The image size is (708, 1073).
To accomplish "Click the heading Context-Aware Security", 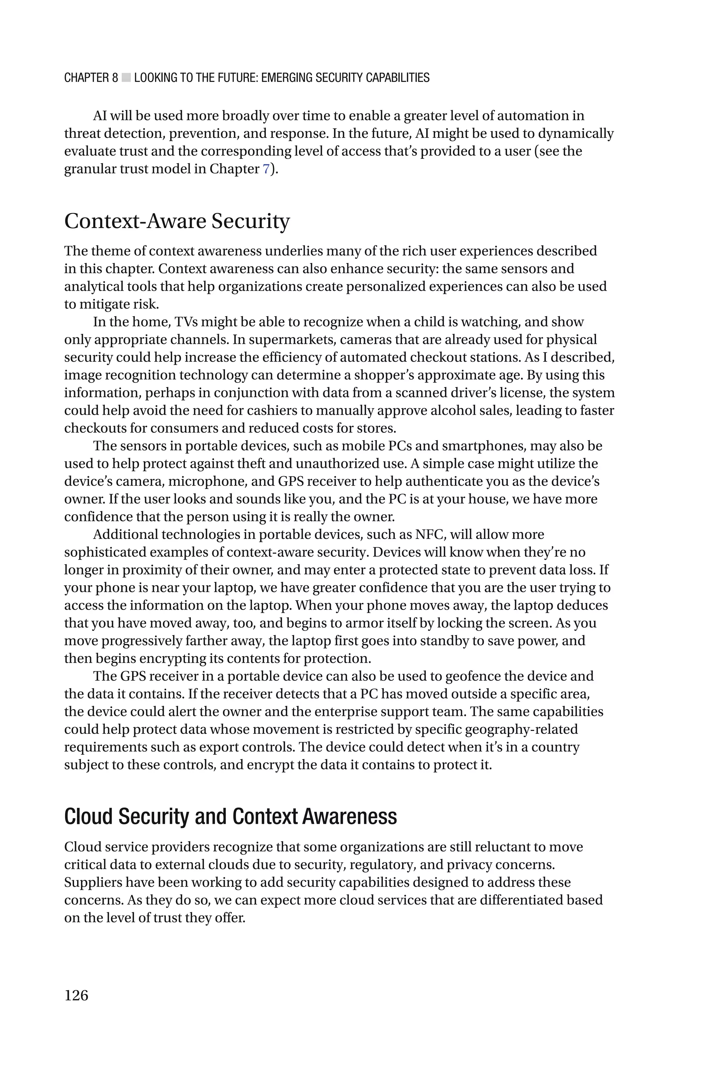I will coord(177,221).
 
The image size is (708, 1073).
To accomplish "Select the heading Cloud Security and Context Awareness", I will coord(230,816).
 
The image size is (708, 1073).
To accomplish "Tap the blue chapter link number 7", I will coord(266,169).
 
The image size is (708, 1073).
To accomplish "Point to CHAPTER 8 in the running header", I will coord(91,78).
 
